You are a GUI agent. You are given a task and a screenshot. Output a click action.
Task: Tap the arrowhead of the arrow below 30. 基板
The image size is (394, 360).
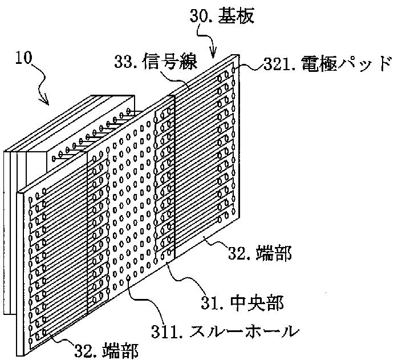click(x=214, y=57)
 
